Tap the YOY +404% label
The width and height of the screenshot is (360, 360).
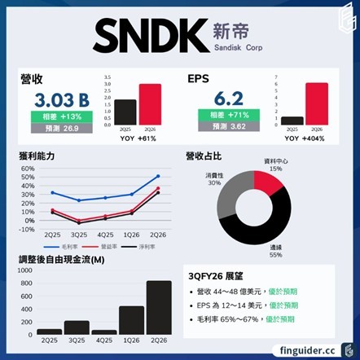click(x=305, y=139)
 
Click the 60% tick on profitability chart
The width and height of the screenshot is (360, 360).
click(x=28, y=169)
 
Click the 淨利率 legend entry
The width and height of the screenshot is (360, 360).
click(x=147, y=245)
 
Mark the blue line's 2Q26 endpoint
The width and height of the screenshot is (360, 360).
click(x=157, y=176)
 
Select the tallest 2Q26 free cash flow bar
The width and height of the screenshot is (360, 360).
click(x=159, y=308)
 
